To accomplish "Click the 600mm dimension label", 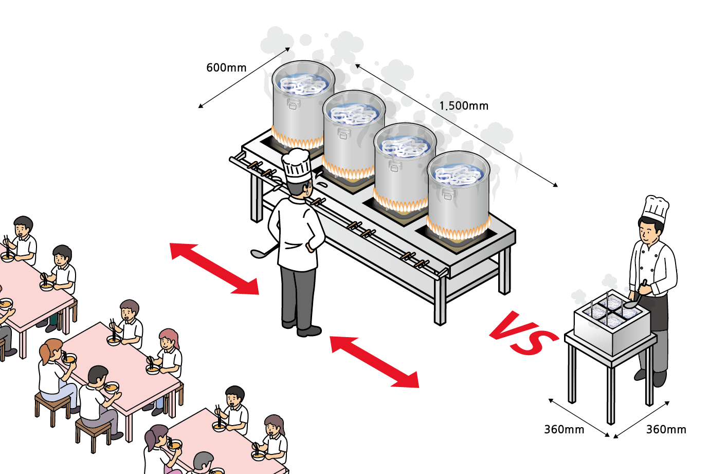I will coord(226,68).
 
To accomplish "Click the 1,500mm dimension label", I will coord(464,106).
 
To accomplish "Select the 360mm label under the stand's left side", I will coord(564,430).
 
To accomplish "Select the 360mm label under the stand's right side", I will coord(666,430).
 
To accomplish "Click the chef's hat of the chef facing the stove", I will coord(297,164).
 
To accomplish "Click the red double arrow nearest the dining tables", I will coord(214,269).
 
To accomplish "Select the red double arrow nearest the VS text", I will coord(374,361).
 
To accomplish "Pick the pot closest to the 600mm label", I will coord(302,103).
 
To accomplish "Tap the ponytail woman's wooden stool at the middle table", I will coord(52,407).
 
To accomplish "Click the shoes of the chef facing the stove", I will coord(303,328).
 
